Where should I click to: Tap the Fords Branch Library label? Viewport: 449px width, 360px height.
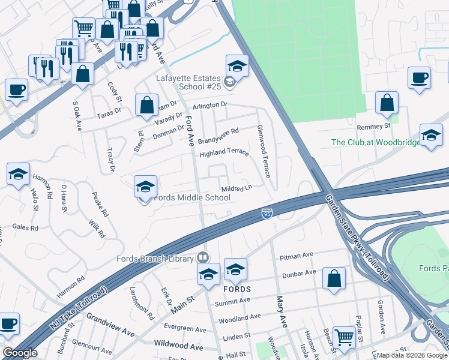pos(154,259)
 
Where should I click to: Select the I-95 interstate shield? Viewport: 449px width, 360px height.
pos(267,213)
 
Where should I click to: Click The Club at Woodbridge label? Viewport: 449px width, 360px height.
pos(369,143)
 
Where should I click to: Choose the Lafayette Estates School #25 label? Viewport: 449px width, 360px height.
pos(188,82)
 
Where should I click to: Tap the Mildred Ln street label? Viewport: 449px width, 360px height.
pos(237,188)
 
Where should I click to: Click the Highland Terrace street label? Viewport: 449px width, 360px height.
pos(224,152)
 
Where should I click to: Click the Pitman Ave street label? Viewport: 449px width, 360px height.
pos(297,256)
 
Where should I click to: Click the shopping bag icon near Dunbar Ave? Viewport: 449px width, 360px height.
pos(334,280)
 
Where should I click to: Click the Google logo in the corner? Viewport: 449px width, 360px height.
pos(20,353)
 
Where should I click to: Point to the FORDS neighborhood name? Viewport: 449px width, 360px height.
pos(237,289)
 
